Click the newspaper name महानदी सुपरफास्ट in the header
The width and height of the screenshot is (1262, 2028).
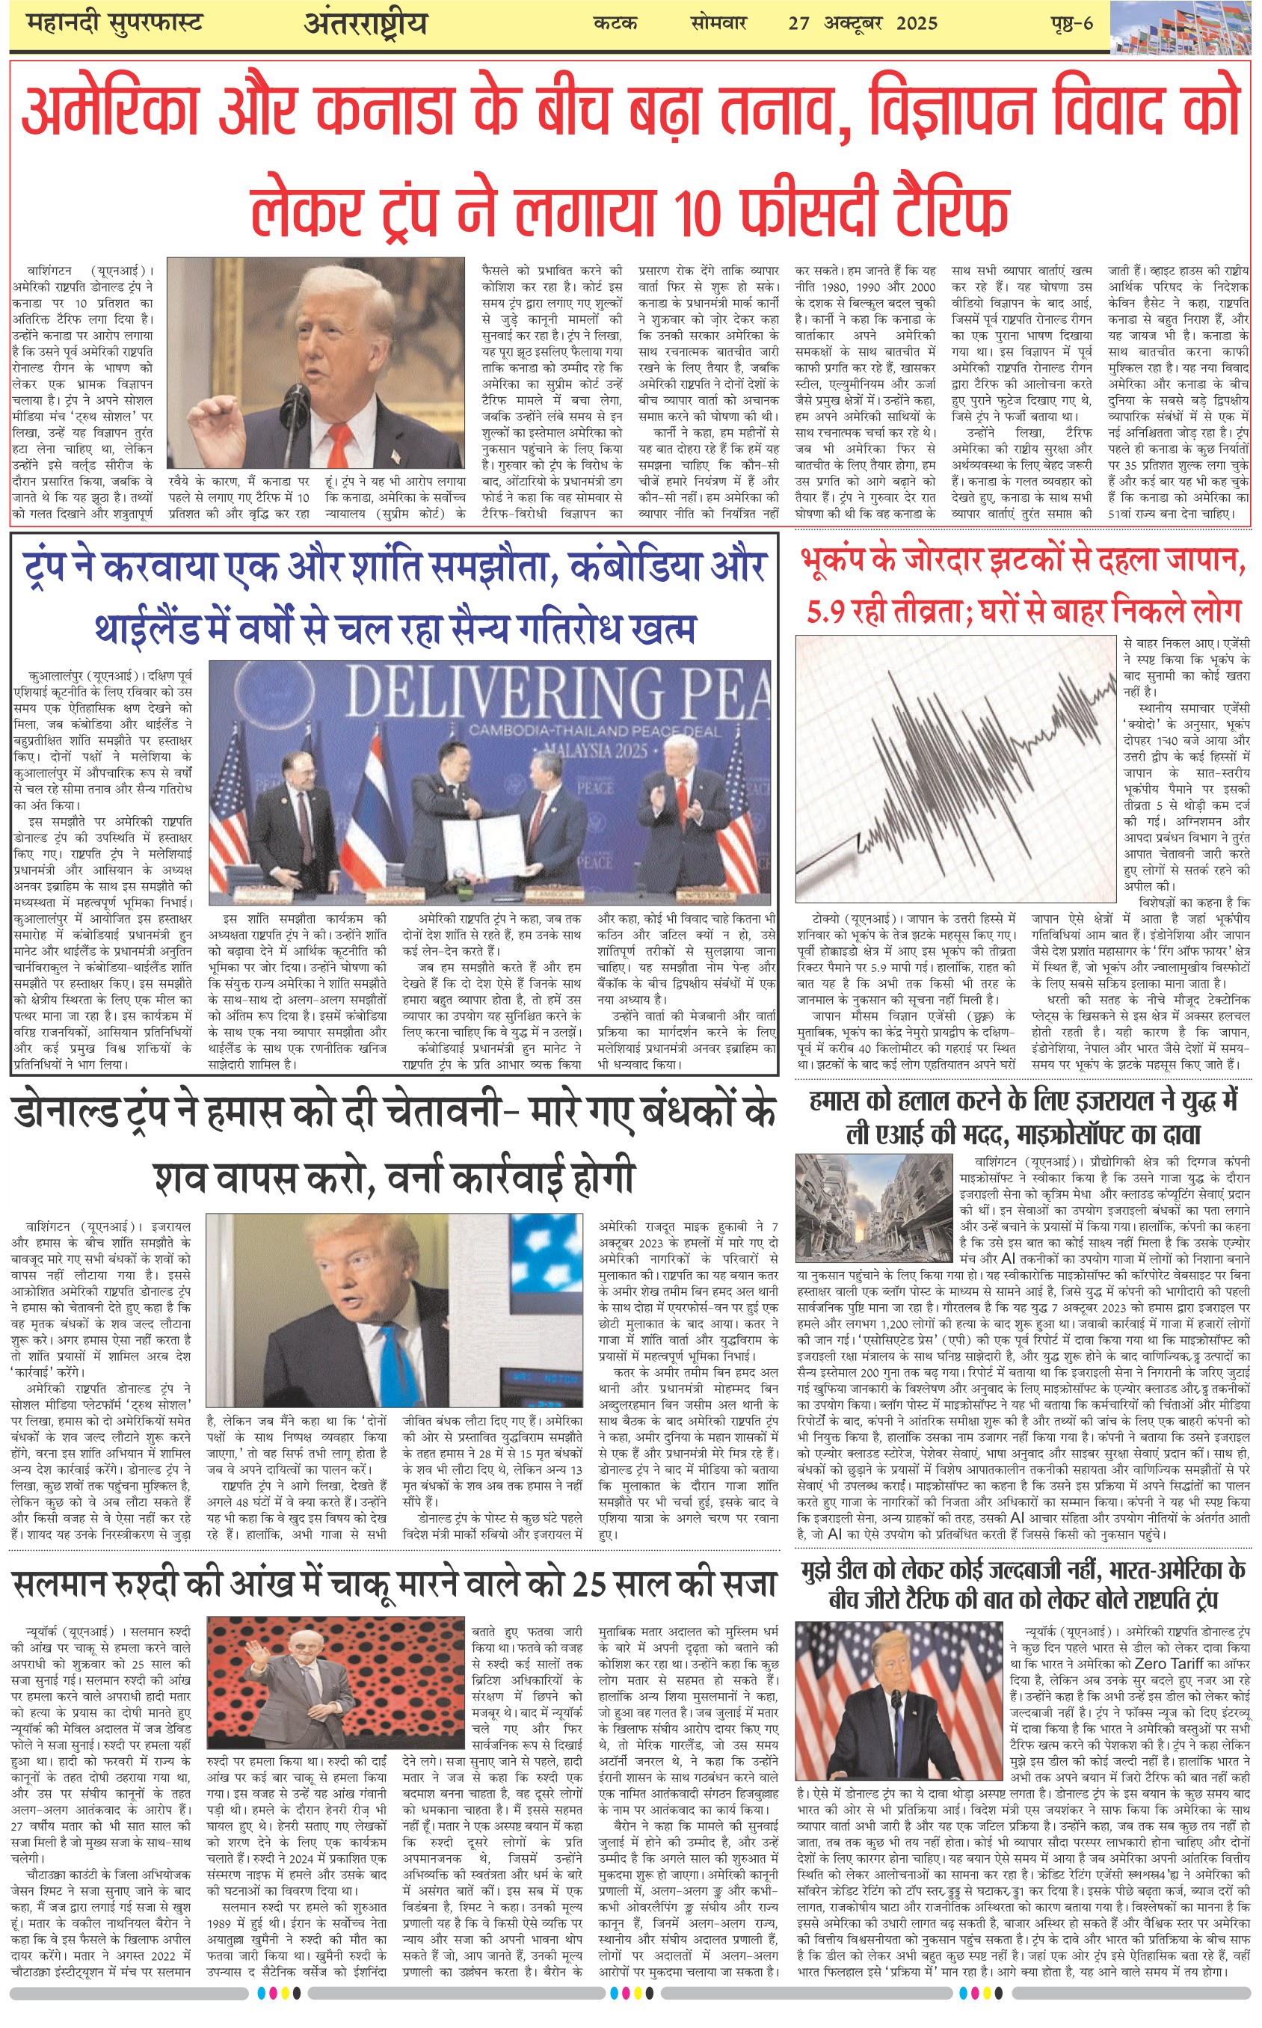point(114,22)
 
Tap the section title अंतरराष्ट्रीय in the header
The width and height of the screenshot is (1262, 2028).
point(366,23)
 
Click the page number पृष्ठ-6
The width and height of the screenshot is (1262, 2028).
point(1071,22)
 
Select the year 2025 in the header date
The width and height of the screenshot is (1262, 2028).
point(917,23)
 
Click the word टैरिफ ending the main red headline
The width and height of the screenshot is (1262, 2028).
point(952,206)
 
